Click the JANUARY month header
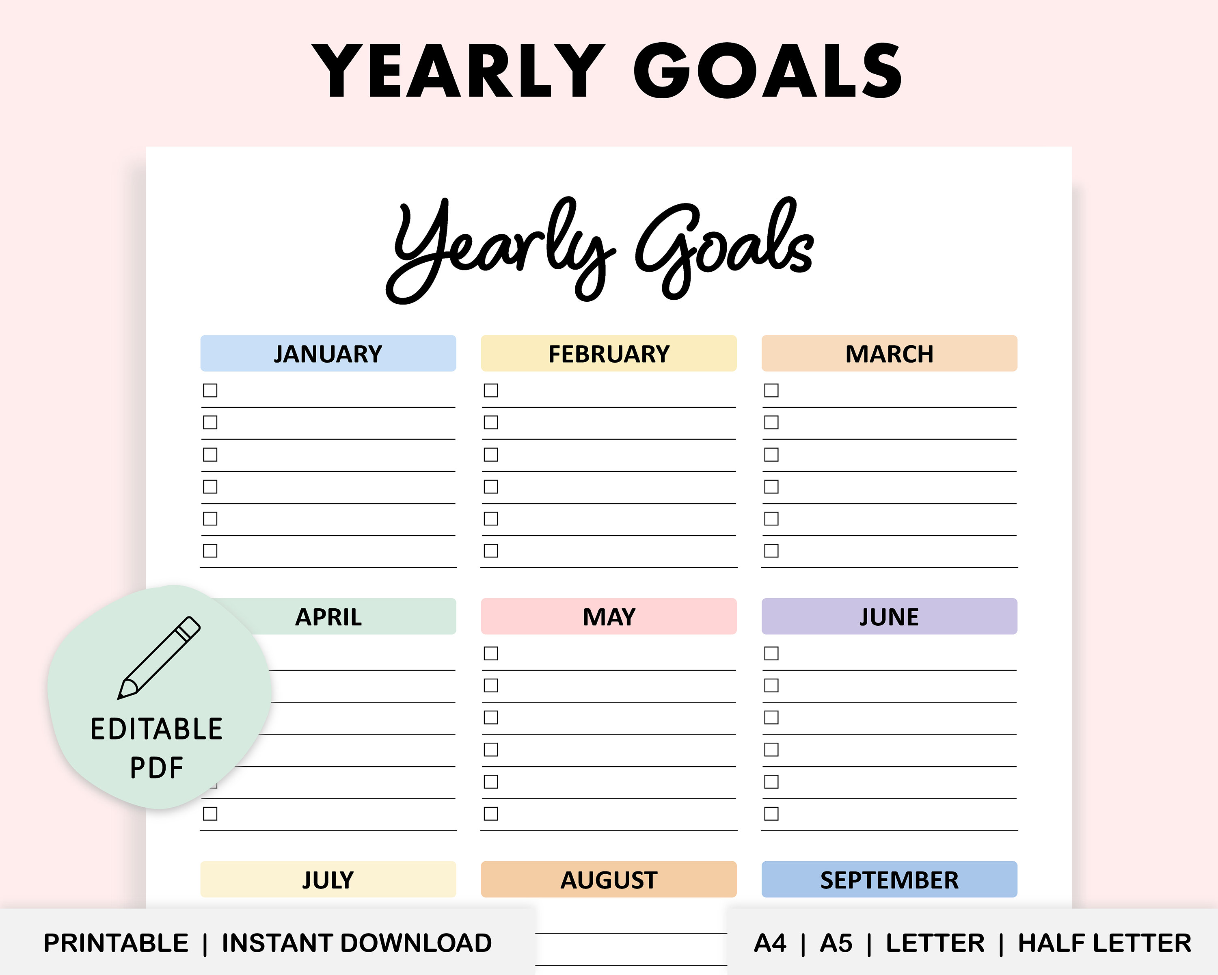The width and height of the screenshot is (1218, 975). tap(328, 354)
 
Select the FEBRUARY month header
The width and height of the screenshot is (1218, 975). tap(609, 354)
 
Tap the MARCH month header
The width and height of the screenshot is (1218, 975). tap(889, 354)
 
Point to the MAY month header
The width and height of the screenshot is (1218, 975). tap(609, 616)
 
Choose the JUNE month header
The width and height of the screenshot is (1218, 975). tap(889, 616)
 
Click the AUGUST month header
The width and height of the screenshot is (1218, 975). tap(609, 880)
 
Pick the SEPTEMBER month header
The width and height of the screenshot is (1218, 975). tap(889, 880)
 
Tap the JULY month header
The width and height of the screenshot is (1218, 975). tap(328, 880)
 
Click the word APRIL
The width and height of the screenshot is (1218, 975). tap(328, 617)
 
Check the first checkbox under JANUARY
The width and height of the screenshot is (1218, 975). tap(210, 390)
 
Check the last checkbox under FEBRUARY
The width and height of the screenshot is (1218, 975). tap(491, 550)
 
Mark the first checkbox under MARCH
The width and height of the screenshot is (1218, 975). tap(771, 390)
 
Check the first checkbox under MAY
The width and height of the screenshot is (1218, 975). tap(491, 653)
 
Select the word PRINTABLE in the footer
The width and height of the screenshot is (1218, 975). tap(116, 943)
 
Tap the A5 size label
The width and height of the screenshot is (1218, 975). tap(836, 943)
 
